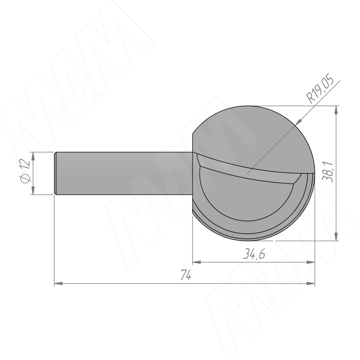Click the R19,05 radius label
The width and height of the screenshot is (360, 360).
[320, 88]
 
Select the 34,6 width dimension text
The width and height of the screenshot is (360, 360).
[254, 254]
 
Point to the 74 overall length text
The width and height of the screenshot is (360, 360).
[186, 275]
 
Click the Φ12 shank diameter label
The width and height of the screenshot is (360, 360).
[25, 171]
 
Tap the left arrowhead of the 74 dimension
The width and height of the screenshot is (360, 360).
[58, 283]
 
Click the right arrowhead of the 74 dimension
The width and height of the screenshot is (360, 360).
[310, 283]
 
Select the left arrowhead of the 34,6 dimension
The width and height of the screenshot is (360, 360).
[197, 262]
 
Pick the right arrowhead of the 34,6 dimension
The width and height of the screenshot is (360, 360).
[310, 262]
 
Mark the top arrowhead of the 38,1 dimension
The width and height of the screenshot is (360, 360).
[336, 110]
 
